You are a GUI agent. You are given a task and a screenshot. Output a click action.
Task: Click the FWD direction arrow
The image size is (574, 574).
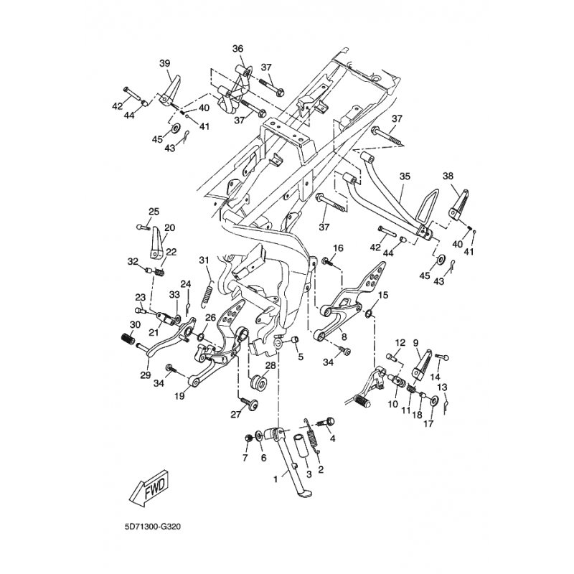coord(149,491)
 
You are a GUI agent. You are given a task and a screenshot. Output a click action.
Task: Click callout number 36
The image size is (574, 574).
coord(238,49)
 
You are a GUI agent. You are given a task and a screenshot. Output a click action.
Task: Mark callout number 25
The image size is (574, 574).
coord(153,211)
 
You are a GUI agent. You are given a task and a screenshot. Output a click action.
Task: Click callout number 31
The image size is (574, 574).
coord(204,259)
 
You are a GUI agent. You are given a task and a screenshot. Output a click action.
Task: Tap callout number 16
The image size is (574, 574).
coord(338,248)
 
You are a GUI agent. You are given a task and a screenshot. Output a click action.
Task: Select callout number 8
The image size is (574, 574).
coord(344,336)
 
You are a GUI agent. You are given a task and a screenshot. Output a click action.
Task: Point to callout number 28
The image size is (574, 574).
coord(270,364)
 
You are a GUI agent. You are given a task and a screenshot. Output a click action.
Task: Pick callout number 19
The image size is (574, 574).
coord(180,395)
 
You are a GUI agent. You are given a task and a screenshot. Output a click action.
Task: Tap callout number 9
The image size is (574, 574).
coord(415,343)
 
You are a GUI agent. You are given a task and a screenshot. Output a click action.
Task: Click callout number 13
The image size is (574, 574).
coord(442,387)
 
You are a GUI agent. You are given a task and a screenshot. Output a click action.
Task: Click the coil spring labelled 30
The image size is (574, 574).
coord(128,339)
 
